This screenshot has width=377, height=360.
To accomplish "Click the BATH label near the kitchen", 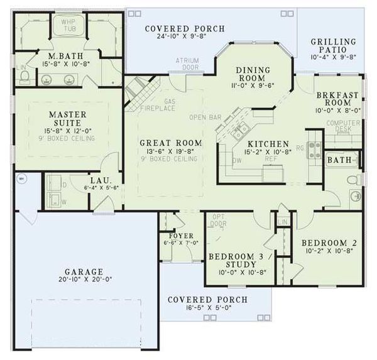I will pyautogui.click(x=339, y=161).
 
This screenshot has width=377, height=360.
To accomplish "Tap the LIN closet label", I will pyautogui.click(x=282, y=222).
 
